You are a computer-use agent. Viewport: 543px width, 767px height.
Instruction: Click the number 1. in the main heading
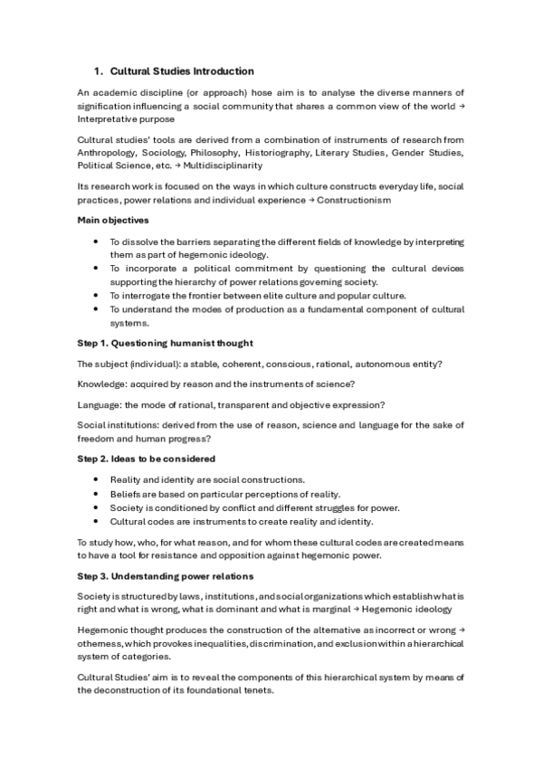pos(100,71)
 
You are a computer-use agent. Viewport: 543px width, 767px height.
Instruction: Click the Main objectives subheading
pos(115,220)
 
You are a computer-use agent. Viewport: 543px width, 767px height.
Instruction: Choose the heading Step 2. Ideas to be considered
pos(146,459)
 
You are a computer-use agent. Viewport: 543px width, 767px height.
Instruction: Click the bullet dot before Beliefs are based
pos(96,494)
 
